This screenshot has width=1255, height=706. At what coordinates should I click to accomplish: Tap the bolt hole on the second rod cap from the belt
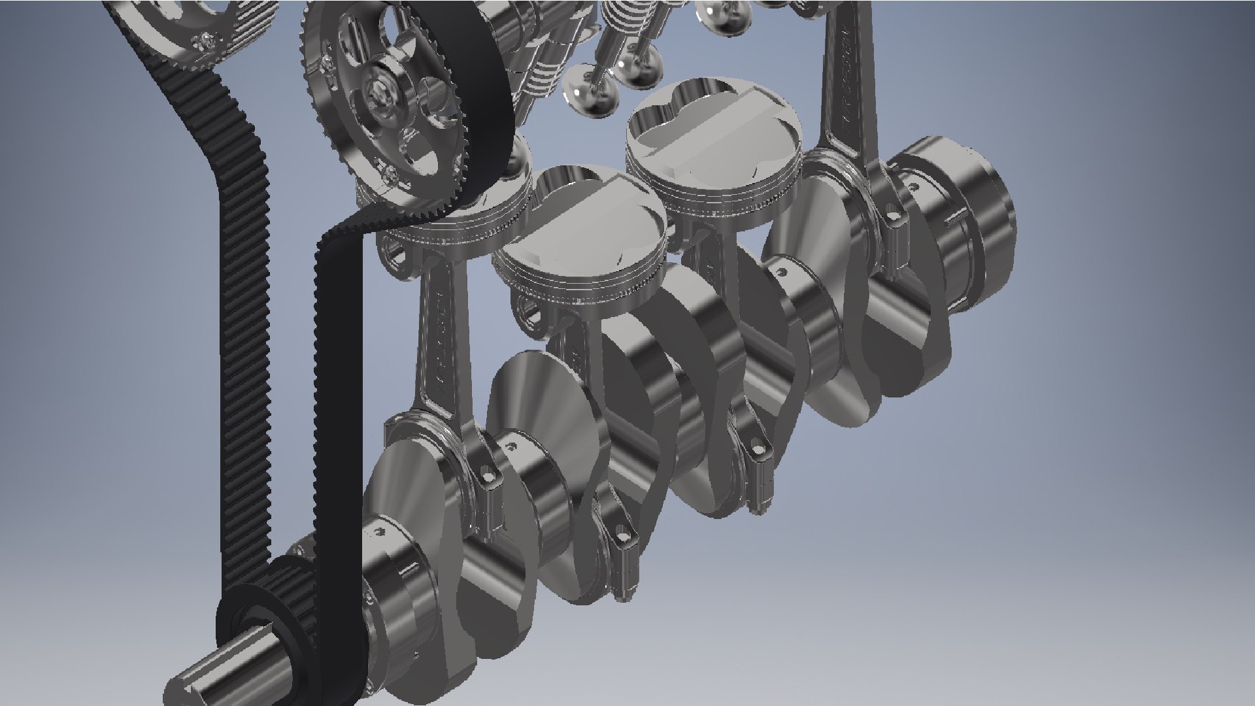tap(624, 536)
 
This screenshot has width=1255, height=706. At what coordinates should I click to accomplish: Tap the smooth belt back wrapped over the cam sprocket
tap(477, 98)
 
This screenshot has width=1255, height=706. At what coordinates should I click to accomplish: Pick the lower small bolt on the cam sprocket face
tap(392, 173)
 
